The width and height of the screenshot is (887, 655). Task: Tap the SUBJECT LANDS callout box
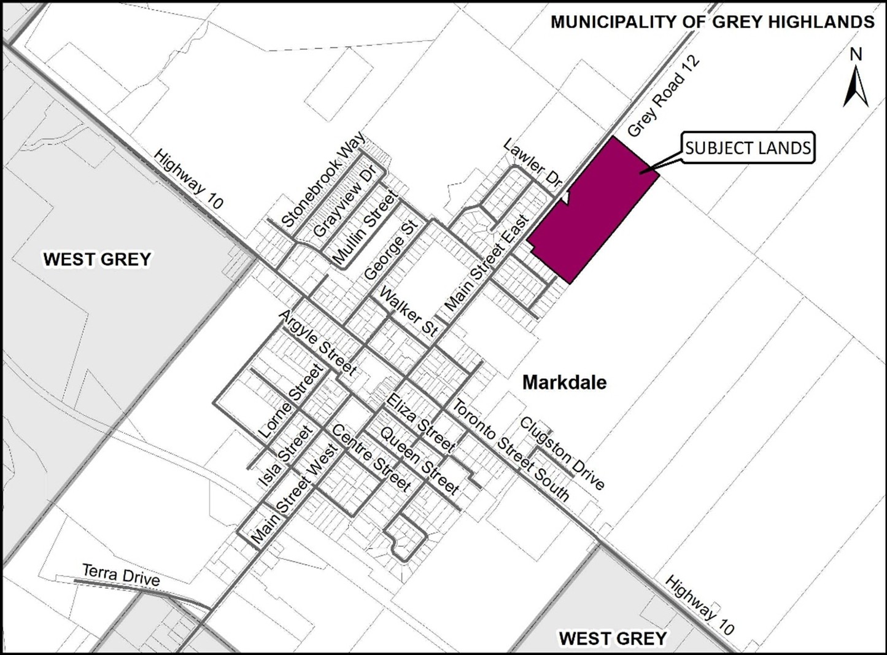coord(748,148)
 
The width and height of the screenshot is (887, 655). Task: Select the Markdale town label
coord(564,382)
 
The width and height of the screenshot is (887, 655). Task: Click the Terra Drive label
coord(121,575)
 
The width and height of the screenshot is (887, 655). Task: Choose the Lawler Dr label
coord(533,164)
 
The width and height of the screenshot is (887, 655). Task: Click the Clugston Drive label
coord(562,453)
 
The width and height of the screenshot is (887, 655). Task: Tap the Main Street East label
coord(487,263)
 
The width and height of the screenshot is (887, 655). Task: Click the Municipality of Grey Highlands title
coord(712,22)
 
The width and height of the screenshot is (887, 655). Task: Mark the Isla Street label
coord(287,455)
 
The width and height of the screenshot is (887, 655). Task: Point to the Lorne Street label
coord(291,401)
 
